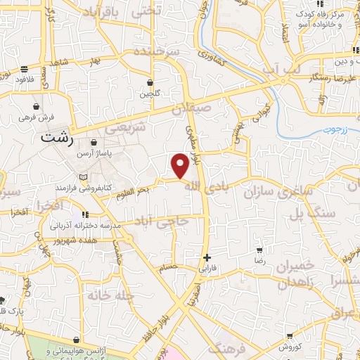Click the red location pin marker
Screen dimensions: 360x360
point(181,166)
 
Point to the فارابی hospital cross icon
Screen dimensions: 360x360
point(207,258)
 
